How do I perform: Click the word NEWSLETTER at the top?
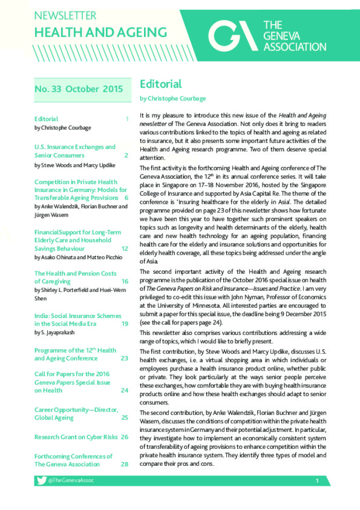click(x=65, y=15)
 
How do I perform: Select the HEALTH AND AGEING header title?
click(x=100, y=32)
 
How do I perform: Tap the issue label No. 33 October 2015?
click(x=79, y=89)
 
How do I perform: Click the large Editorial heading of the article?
click(x=160, y=84)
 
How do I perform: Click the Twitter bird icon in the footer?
click(x=41, y=480)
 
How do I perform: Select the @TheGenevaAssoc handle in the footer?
click(x=71, y=480)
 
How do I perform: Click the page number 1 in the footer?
click(x=317, y=481)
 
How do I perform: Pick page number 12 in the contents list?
click(x=124, y=249)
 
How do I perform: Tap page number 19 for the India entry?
click(x=124, y=324)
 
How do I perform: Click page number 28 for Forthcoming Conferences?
click(x=124, y=464)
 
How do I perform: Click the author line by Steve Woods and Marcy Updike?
click(x=75, y=165)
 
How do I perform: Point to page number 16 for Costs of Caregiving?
click(x=124, y=282)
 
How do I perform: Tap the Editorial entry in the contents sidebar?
click(x=46, y=119)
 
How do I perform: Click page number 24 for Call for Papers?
click(x=124, y=391)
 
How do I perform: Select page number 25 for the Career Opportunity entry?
click(x=124, y=418)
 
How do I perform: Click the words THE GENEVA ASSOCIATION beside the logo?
click(x=294, y=36)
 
